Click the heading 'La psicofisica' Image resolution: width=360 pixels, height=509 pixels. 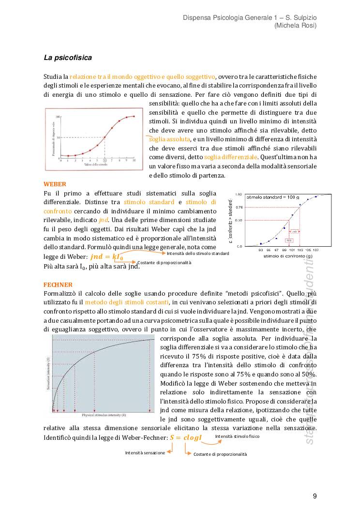(x=68, y=58)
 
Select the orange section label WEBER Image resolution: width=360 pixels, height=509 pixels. (x=55, y=184)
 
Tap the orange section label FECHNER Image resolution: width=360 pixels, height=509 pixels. (x=58, y=284)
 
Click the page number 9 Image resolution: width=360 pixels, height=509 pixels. (x=315, y=496)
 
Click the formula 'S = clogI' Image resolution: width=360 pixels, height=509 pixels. (x=185, y=437)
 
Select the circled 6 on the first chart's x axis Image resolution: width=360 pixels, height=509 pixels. (x=105, y=160)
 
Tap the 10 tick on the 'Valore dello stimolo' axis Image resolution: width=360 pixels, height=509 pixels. (x=134, y=160)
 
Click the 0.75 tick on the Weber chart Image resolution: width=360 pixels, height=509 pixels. (x=239, y=207)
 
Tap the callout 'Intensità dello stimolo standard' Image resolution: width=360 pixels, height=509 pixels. (x=198, y=254)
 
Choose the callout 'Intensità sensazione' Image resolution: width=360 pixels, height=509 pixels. (x=145, y=453)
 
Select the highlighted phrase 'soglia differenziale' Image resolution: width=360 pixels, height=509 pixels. (x=231, y=157)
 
